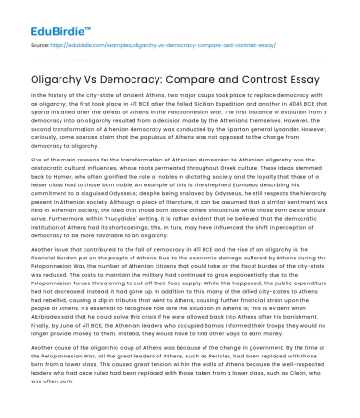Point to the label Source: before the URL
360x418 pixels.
pos(41,45)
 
